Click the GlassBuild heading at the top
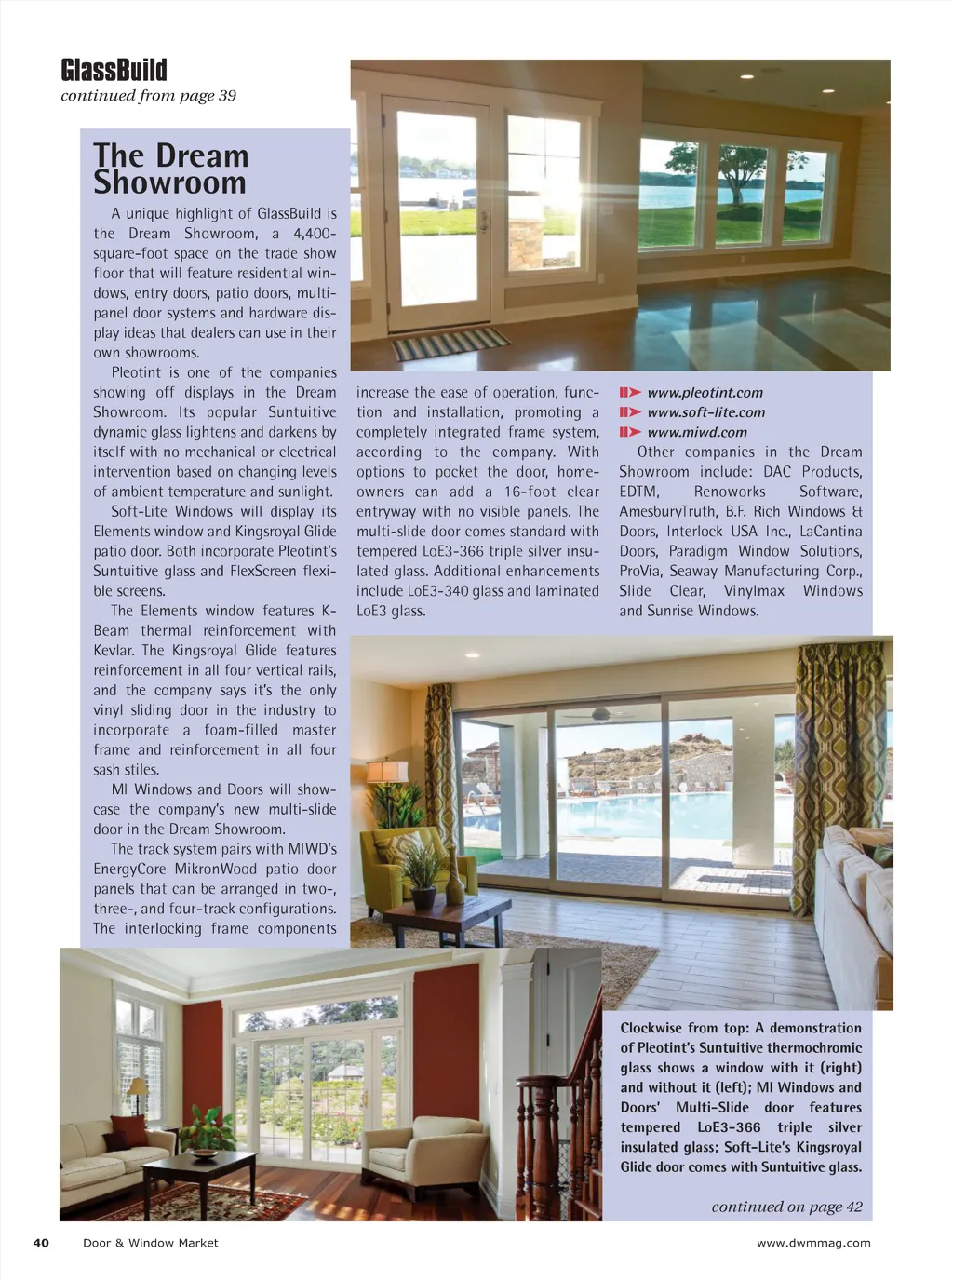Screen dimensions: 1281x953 [114, 71]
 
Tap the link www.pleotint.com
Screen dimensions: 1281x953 [705, 393]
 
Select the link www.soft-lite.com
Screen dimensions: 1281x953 [705, 412]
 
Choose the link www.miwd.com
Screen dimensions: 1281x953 [697, 432]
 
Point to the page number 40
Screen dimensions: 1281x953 [41, 1243]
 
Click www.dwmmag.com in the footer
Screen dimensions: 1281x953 [813, 1243]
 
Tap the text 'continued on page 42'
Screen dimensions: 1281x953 [786, 1207]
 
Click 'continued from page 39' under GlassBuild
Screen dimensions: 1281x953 [148, 96]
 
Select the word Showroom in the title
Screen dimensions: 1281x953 [169, 182]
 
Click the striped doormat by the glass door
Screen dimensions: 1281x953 [450, 344]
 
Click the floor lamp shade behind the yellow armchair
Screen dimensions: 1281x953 [387, 772]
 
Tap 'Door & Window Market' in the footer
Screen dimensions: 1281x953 [151, 1243]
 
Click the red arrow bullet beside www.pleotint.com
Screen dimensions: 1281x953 [630, 393]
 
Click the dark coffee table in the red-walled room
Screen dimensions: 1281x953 [199, 1174]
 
